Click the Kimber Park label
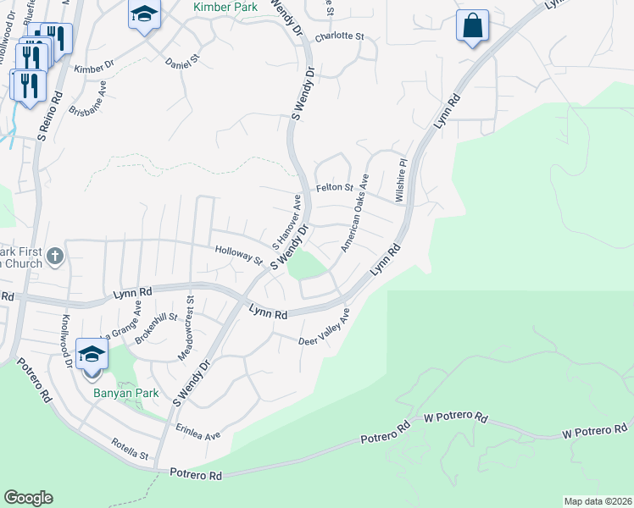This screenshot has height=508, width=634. [226, 7]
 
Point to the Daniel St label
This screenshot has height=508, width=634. [181, 62]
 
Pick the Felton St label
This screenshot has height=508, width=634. [334, 187]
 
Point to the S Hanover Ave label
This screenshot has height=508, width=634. [286, 221]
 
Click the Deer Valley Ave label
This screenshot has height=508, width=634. [324, 329]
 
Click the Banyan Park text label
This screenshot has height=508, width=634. [116, 394]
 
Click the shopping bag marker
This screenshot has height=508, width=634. [472, 26]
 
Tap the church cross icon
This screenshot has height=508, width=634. [55, 256]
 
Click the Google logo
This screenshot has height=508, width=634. [28, 497]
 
